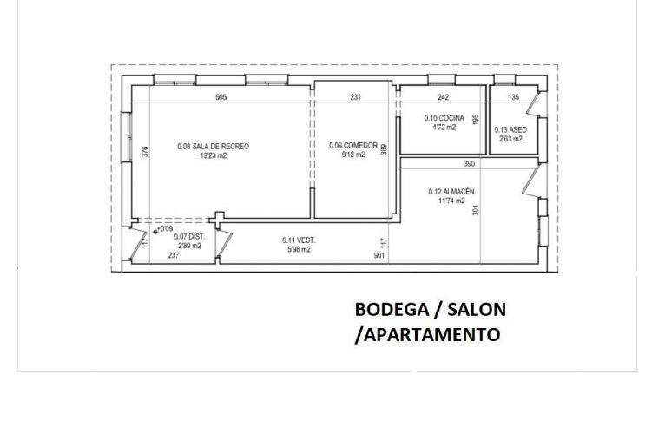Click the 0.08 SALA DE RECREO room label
tap(213, 147)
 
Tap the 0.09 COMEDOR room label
tap(353, 146)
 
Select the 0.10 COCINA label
tap(444, 118)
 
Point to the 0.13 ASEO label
tap(510, 130)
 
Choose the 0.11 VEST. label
tap(297, 240)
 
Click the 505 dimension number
tap(221, 98)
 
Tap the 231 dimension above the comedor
tap(355, 98)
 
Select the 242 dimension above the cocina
tap(443, 98)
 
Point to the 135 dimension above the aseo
tap(512, 98)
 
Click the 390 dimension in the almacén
tap(470, 164)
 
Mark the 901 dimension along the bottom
tap(379, 255)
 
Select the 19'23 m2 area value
tap(213, 156)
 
